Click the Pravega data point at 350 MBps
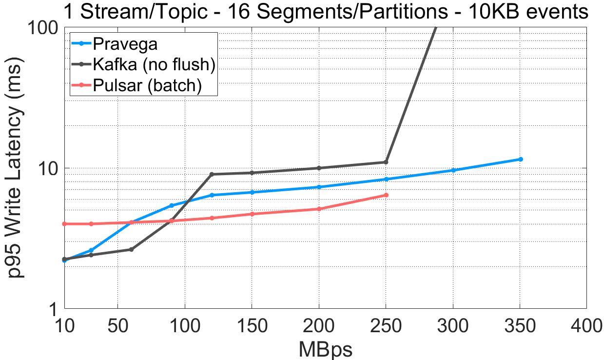click(x=521, y=159)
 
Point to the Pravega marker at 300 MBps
click(x=453, y=170)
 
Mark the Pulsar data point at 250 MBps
click(x=386, y=195)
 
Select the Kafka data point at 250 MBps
click(x=386, y=162)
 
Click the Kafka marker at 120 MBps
click(x=212, y=174)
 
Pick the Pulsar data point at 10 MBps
click(x=64, y=224)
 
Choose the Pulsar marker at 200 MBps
click(x=319, y=209)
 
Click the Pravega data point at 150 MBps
click(x=252, y=192)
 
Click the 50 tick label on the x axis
click(x=117, y=325)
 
